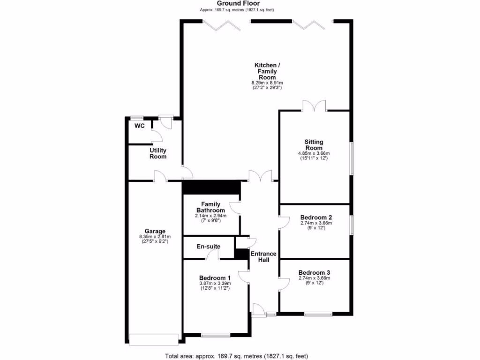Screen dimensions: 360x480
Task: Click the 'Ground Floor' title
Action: pos(238,3)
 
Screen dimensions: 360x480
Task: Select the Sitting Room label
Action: pos(314,145)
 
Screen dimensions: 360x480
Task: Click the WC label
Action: pos(139,126)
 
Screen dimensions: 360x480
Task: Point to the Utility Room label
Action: pos(158,153)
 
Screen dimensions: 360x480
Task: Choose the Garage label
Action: pos(155,231)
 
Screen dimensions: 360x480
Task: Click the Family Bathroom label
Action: pos(211,207)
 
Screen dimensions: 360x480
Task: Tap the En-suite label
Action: pos(208,246)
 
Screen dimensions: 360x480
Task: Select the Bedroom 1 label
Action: pos(215,277)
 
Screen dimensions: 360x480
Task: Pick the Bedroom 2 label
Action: pos(316,217)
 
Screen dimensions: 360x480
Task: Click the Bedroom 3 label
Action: pos(314,272)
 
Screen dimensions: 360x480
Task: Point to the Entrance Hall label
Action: pos(263,257)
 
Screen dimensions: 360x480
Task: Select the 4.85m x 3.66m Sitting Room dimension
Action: pos(314,153)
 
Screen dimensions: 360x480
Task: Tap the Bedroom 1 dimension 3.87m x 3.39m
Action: pos(215,283)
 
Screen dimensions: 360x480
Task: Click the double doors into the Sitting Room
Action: pos(314,106)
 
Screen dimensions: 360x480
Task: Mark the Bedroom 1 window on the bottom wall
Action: pos(216,335)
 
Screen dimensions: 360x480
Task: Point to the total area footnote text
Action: pos(236,356)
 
